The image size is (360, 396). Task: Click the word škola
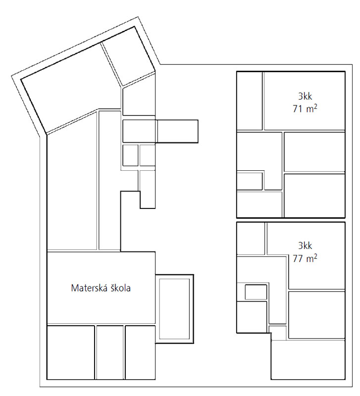point(119,288)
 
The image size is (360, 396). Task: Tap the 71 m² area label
point(305,108)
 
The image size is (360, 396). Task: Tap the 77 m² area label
point(305,258)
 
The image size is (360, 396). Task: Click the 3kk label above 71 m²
point(305,96)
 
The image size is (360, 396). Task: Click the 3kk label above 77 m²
point(305,246)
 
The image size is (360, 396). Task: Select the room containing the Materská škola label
point(101,288)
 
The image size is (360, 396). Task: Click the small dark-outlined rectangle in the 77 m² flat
point(256,292)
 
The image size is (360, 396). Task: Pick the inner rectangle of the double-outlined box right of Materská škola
point(175,308)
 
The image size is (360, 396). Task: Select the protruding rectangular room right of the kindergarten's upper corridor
point(178,131)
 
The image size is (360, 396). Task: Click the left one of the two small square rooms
point(130,155)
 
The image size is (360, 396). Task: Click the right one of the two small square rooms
point(147,155)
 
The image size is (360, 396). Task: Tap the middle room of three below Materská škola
point(110,352)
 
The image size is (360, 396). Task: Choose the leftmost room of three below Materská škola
point(71,352)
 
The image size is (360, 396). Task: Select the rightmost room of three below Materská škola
point(140,352)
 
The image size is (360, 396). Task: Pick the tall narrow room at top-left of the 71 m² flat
point(250,101)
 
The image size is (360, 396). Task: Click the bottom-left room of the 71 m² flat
point(259,204)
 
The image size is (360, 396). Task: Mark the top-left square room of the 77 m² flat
point(251,239)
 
